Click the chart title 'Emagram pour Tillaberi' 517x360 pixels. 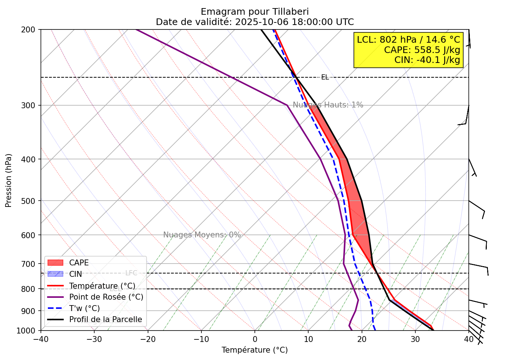point(254,12)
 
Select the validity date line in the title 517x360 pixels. point(254,22)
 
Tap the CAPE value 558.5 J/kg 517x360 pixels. point(422,50)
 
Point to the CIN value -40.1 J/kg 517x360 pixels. point(427,60)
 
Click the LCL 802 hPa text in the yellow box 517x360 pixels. point(408,39)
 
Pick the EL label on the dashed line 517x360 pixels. point(325,77)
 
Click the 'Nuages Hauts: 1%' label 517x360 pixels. point(328,105)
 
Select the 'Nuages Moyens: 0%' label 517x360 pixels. point(202,235)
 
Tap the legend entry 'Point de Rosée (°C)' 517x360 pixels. point(106,297)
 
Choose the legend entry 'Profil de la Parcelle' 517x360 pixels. point(105,320)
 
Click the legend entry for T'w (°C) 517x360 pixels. point(84,308)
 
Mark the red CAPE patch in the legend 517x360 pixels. point(56,263)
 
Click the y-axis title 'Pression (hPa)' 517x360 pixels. point(8,180)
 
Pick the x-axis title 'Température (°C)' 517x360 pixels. point(254,350)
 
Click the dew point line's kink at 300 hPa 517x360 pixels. point(287,105)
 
